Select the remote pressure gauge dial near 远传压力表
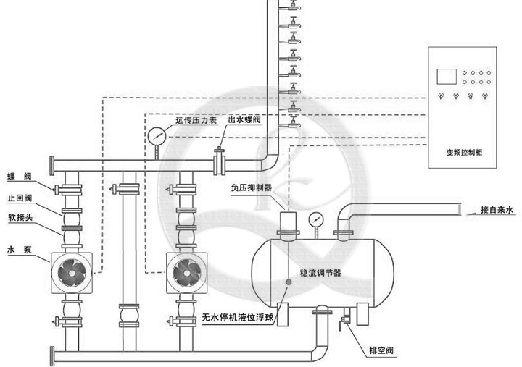(156, 135)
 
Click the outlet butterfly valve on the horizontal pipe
(217, 161)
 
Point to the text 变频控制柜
(463, 153)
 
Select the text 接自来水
(497, 210)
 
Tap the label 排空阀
(381, 350)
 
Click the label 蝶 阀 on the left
(20, 176)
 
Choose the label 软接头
(20, 215)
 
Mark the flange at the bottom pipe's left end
(51, 355)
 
